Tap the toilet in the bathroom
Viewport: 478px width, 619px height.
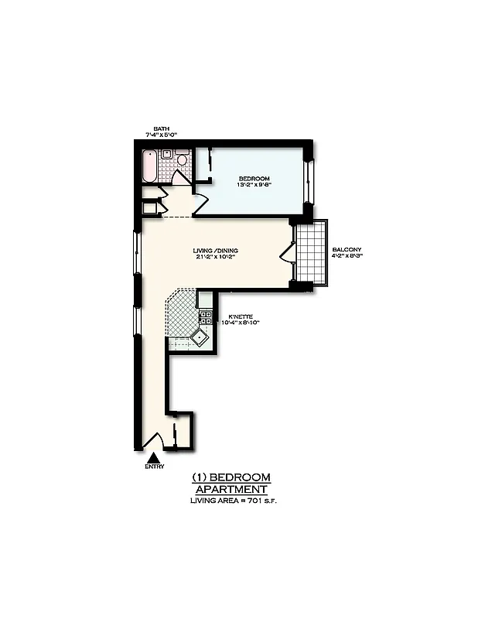(183, 159)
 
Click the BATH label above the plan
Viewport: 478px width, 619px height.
(161, 128)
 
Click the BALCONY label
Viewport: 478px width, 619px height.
(346, 250)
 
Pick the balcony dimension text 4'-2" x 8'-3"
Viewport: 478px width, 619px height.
(347, 257)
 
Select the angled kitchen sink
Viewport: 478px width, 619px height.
(202, 337)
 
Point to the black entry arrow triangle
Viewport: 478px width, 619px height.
(153, 458)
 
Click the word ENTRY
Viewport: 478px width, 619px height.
(154, 467)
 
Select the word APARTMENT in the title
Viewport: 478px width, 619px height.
(231, 489)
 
